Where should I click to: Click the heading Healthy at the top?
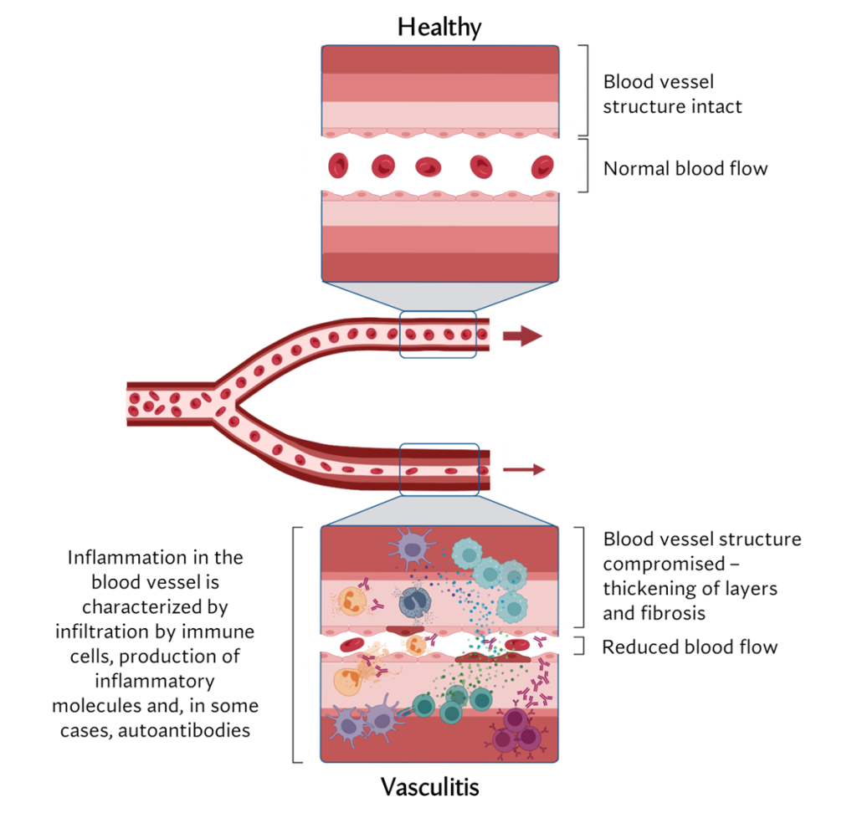point(439,27)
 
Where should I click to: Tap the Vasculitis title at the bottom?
point(430,787)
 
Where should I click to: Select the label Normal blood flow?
point(685,168)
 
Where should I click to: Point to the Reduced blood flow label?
point(690,647)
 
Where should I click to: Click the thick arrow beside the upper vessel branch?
point(522,336)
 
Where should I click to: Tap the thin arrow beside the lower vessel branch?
point(524,469)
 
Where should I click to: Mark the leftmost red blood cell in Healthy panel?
point(339,166)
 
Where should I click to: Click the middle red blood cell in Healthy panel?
point(428,166)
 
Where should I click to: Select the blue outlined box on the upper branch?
point(438,335)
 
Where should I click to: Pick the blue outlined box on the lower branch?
point(439,469)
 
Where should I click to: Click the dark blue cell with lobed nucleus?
point(413,601)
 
